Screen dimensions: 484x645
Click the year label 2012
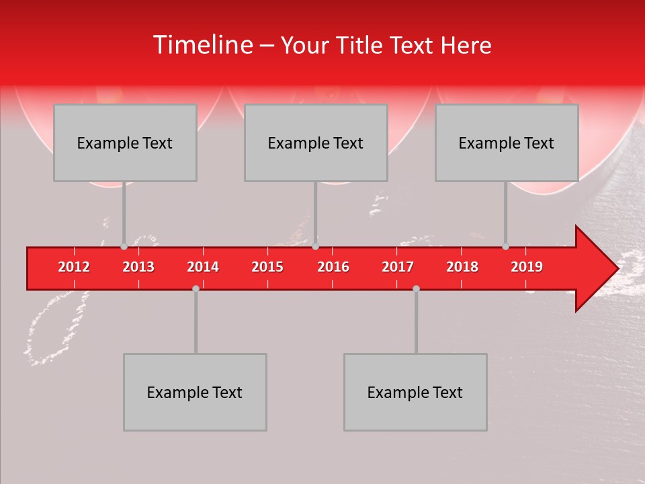74,267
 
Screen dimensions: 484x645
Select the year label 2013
138,267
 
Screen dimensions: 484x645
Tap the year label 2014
203,267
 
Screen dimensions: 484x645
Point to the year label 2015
267,267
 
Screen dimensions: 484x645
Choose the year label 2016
333,267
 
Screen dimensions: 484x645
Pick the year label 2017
398,267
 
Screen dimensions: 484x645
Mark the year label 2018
462,267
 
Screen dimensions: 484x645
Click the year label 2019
527,267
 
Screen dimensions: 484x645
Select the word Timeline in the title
202,45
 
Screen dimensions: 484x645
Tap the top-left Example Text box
125,143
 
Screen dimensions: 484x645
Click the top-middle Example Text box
316,143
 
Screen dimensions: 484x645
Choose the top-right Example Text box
507,143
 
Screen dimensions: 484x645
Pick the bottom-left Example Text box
195,392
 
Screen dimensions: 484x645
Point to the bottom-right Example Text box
415,392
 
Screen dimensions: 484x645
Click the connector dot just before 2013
124,246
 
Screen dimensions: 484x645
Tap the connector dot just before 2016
316,246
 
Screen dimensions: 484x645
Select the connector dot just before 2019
506,246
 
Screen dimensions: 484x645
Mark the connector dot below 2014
196,288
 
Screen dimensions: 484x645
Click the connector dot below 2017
416,288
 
